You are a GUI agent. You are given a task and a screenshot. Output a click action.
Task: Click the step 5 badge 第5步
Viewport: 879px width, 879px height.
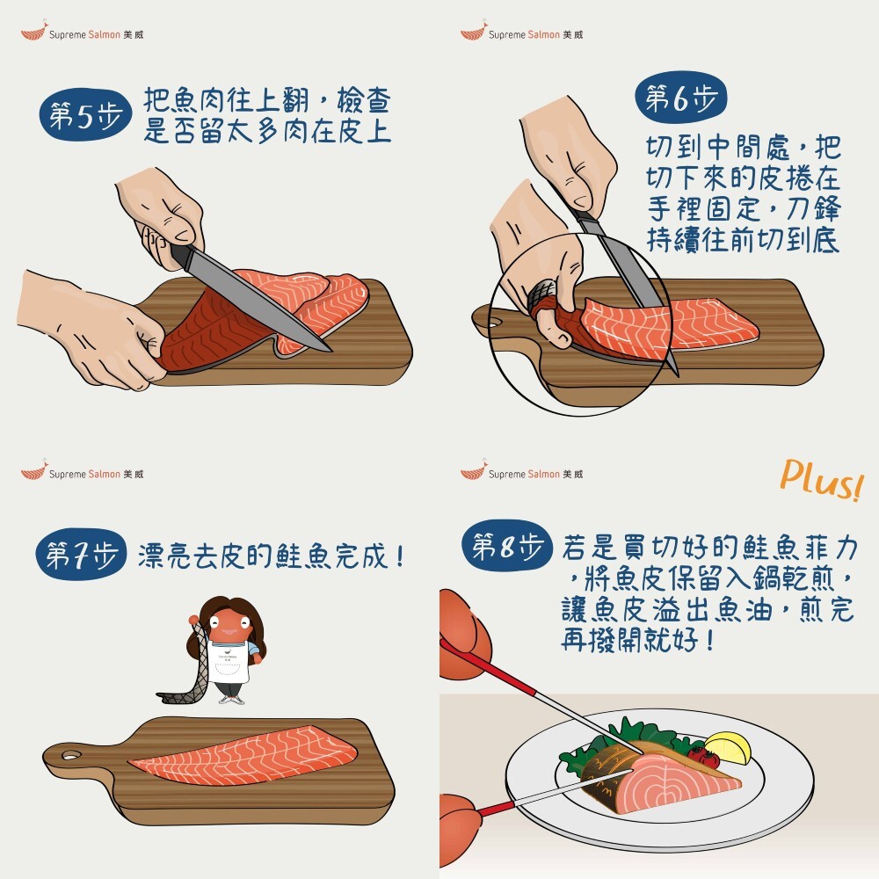[85, 115]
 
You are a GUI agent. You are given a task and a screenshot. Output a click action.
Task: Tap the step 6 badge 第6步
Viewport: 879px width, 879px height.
[680, 98]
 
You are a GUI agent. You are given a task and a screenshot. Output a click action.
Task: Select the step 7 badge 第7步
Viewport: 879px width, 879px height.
[81, 555]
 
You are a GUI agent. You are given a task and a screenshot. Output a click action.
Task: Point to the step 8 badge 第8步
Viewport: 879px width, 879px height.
[507, 546]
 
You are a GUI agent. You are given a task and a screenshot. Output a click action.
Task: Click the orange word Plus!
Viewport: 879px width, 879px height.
[822, 480]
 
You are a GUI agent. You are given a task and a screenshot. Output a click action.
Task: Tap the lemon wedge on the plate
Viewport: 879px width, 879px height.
[728, 748]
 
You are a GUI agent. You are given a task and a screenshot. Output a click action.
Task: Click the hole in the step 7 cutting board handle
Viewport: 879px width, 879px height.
[70, 756]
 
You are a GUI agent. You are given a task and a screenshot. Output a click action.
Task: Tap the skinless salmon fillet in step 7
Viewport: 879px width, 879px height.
[243, 754]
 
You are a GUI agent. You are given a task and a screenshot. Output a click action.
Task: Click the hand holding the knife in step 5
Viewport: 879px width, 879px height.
[162, 217]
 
